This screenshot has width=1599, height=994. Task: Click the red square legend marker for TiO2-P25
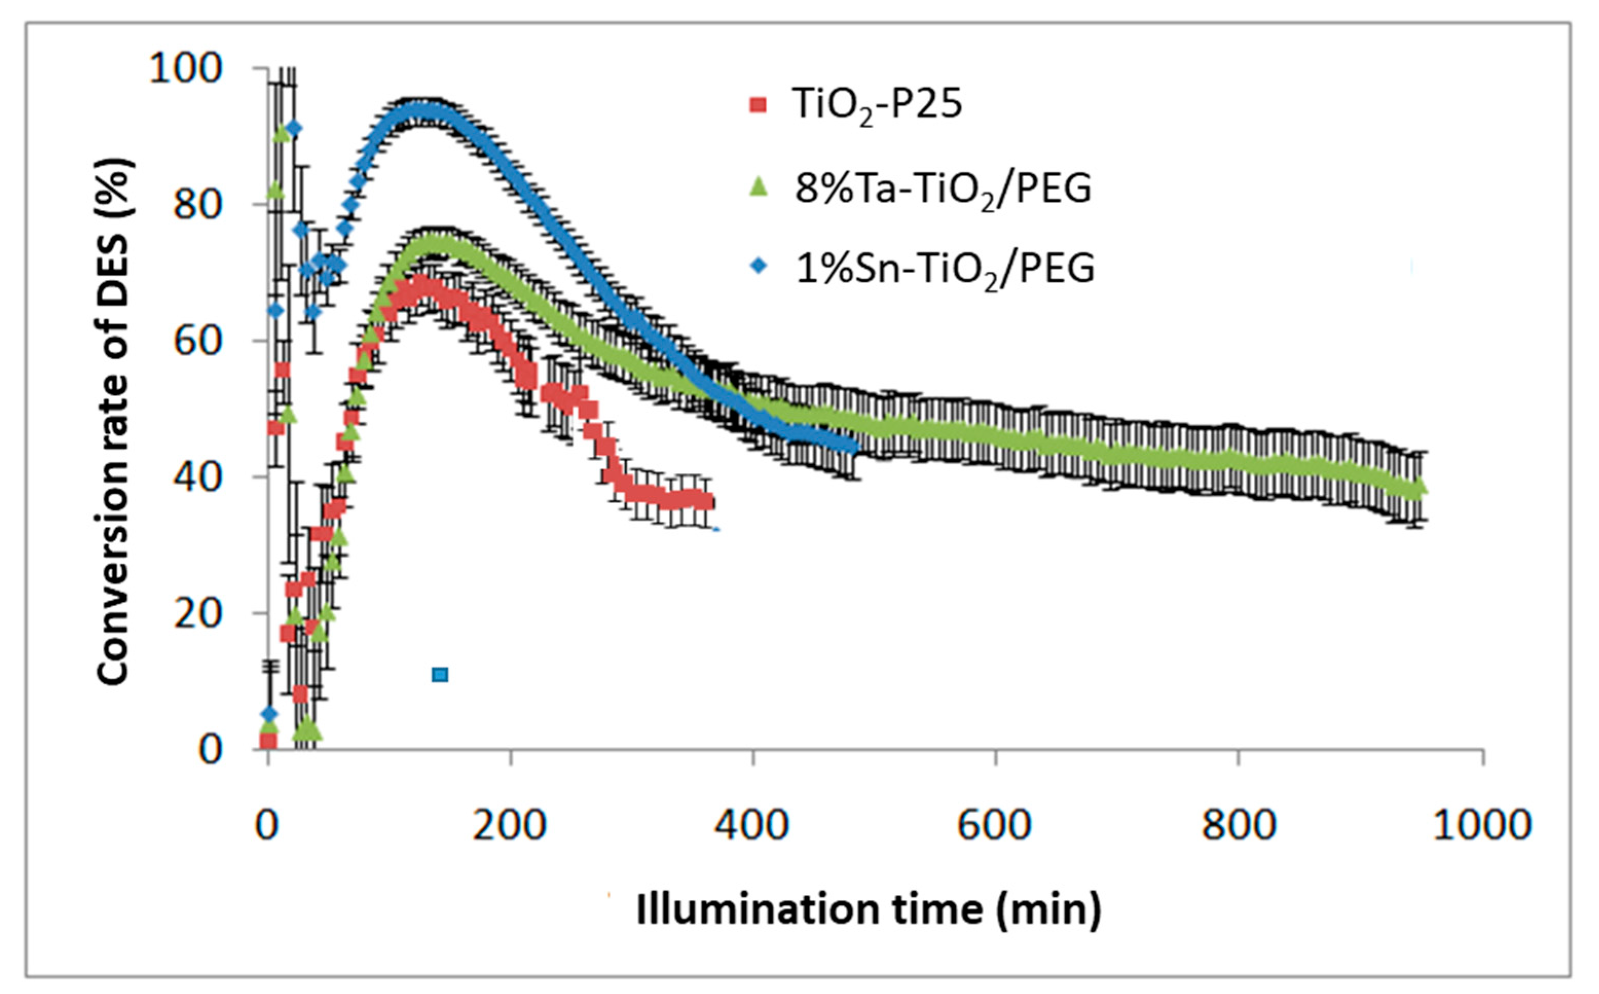(759, 104)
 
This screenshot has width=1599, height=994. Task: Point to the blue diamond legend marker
(759, 266)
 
